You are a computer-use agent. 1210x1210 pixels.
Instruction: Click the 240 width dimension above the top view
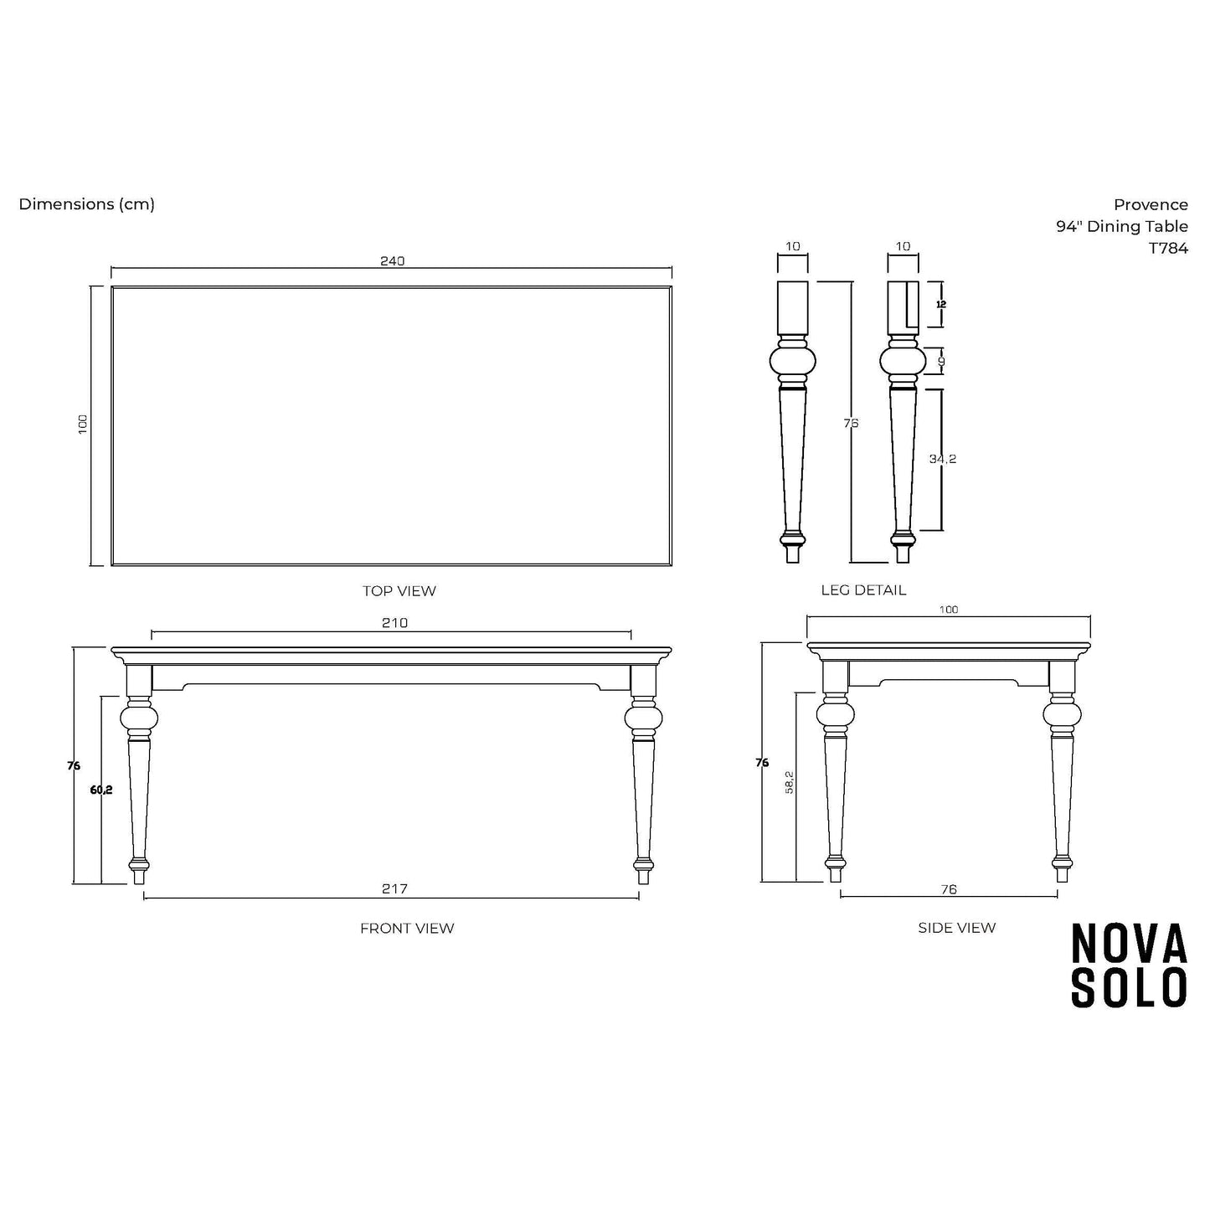[x=393, y=260]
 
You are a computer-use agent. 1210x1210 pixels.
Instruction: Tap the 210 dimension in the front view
[x=394, y=622]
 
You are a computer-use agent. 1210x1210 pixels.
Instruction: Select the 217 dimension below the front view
[x=394, y=888]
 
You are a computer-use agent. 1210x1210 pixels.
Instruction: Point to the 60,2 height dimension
[x=101, y=790]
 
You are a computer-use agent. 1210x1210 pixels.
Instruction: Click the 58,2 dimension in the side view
[x=790, y=782]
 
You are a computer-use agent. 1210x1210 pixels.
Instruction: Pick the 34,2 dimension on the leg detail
[x=943, y=459]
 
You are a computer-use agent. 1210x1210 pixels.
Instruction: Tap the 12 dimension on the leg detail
[x=940, y=305]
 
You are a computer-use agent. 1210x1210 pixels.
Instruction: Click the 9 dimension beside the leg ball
[x=941, y=362]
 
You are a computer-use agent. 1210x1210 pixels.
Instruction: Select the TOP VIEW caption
[x=399, y=591]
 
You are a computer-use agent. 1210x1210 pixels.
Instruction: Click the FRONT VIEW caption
[x=407, y=928]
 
